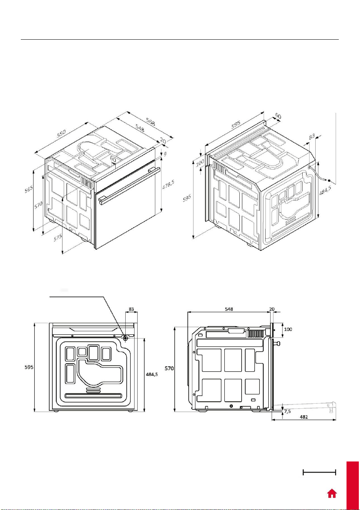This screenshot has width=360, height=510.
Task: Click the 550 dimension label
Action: point(61,133)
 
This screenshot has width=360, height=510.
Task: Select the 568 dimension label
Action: point(151,122)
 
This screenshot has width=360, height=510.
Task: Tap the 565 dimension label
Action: point(29,189)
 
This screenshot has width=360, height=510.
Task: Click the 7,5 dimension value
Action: point(287,411)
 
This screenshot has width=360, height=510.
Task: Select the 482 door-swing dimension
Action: point(304,417)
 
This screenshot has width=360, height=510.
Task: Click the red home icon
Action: point(332,493)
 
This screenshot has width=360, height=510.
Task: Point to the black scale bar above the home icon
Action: point(319,472)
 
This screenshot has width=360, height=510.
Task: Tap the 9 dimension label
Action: point(165,154)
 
